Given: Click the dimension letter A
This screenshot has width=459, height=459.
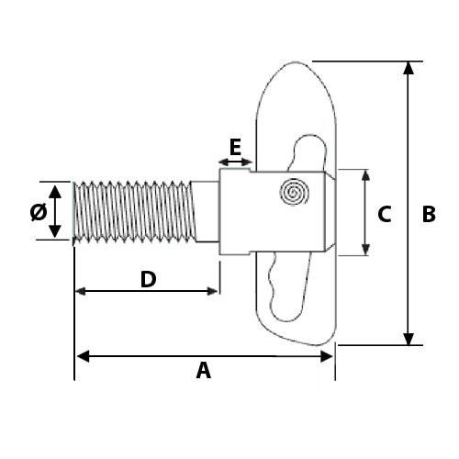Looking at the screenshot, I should click(204, 371).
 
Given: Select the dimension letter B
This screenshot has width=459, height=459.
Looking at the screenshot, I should click(428, 214).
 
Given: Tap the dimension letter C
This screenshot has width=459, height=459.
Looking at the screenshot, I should click(385, 214).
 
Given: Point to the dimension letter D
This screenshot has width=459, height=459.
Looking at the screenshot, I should click(147, 279).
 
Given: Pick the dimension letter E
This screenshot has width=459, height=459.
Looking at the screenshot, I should click(235, 146).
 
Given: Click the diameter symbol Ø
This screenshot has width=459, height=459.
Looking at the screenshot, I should click(38, 212).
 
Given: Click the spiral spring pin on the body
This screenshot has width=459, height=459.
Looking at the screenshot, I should click(296, 192).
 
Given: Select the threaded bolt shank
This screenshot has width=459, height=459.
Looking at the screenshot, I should click(133, 211).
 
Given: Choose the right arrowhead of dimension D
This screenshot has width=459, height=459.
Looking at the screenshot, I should click(213, 291).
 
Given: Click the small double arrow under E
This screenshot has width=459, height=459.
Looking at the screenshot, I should click(236, 162).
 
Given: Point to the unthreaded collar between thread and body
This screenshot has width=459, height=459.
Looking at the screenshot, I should click(207, 211).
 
